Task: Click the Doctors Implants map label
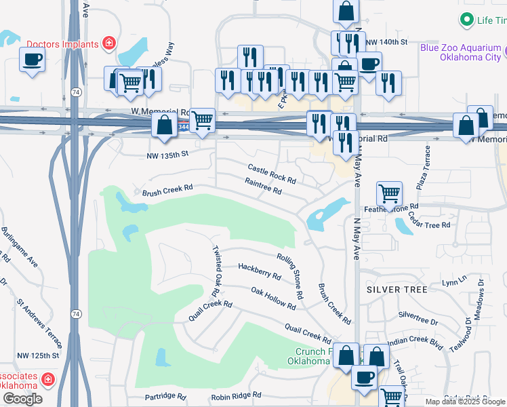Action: pyautogui.click(x=63, y=44)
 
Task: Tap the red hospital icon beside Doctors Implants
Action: pyautogui.click(x=108, y=44)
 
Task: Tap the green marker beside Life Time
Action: pyautogui.click(x=466, y=20)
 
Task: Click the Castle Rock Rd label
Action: pyautogui.click(x=272, y=173)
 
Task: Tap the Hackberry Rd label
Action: pyautogui.click(x=259, y=271)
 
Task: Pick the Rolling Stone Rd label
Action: pyautogui.click(x=289, y=276)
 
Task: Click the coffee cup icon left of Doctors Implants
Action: pyautogui.click(x=31, y=59)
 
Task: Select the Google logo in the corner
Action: pyautogui.click(x=22, y=399)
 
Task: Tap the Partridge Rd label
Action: pyautogui.click(x=165, y=396)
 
